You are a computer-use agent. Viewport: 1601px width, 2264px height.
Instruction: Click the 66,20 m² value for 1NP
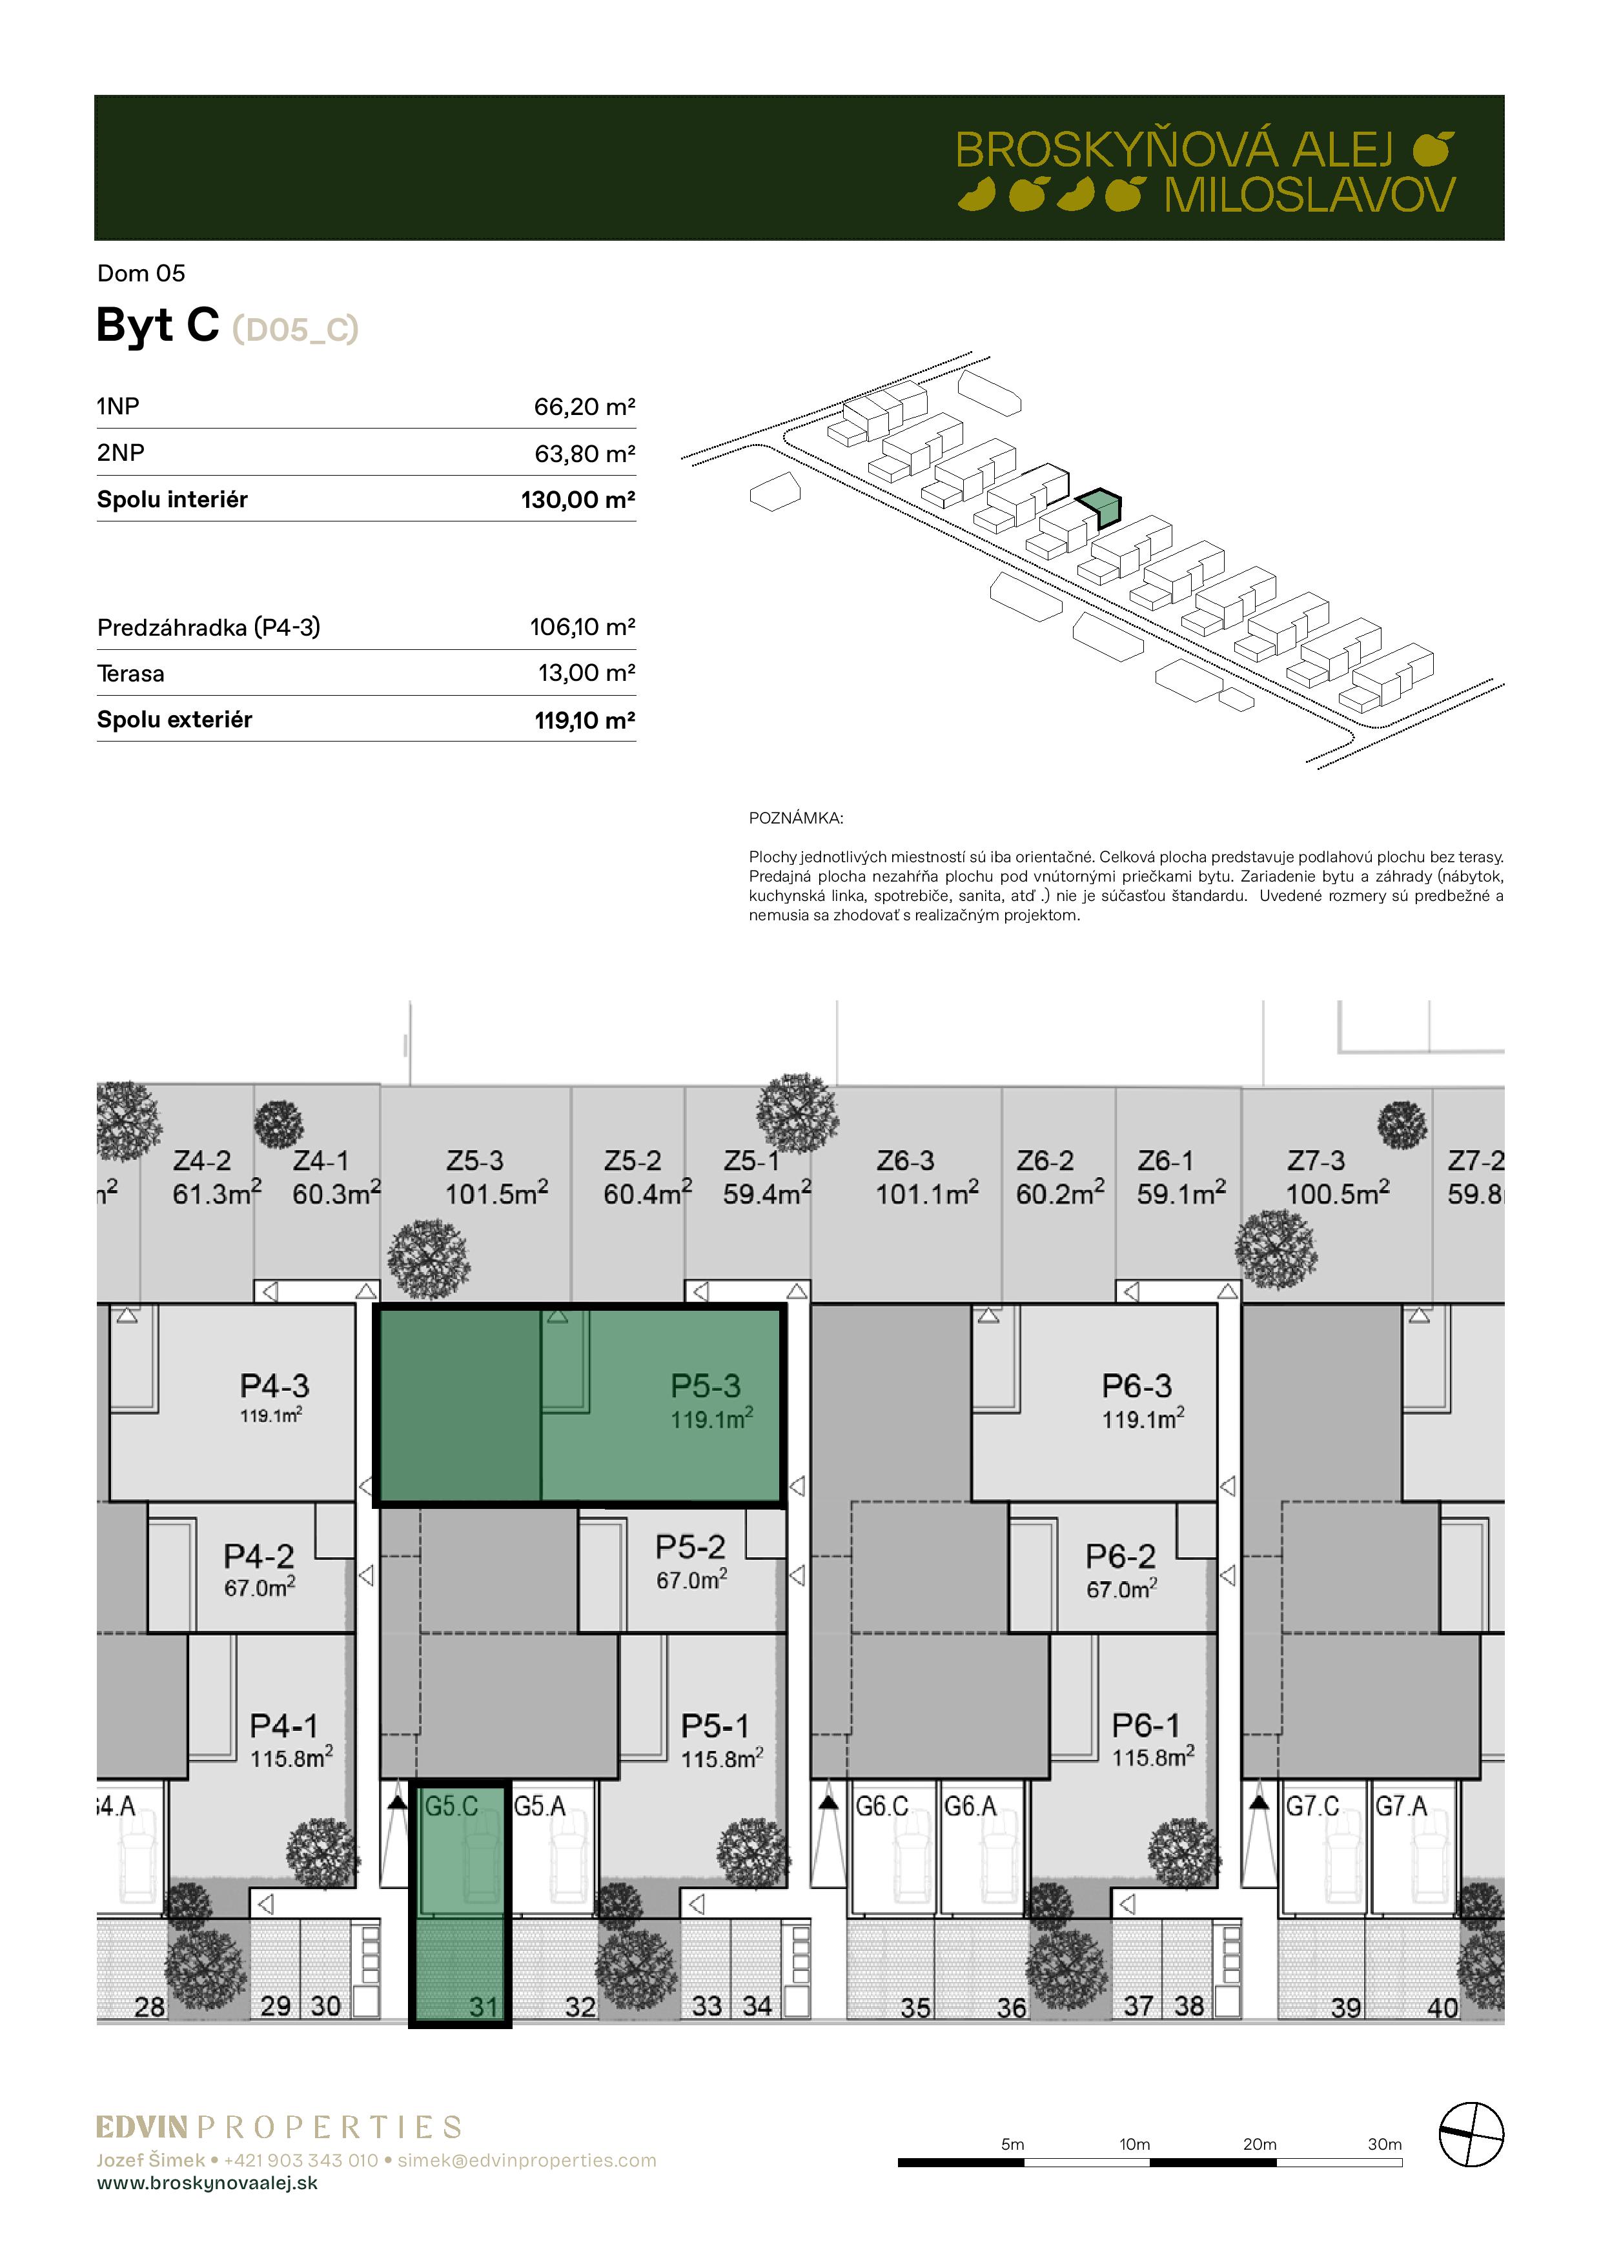(x=584, y=406)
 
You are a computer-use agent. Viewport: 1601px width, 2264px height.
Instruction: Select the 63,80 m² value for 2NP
(x=584, y=454)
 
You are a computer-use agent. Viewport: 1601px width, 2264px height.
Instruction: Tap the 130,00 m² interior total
(x=578, y=500)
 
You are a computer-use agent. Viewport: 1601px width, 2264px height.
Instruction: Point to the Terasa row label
(x=130, y=674)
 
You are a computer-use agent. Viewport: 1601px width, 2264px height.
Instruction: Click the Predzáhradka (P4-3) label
(x=208, y=627)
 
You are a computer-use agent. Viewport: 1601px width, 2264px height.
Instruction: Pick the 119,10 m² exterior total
(x=584, y=720)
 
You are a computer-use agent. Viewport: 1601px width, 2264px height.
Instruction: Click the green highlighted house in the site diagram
(x=1099, y=508)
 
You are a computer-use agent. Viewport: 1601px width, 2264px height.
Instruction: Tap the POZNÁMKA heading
(x=796, y=818)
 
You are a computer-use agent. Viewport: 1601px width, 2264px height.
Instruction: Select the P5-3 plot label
(x=706, y=1386)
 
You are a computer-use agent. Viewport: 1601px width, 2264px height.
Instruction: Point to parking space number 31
(x=484, y=2006)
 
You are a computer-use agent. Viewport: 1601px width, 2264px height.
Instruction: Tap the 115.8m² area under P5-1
(x=722, y=1758)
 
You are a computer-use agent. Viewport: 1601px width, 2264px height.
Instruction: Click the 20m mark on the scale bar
(x=1259, y=2144)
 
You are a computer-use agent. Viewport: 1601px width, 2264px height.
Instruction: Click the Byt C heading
(x=158, y=325)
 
